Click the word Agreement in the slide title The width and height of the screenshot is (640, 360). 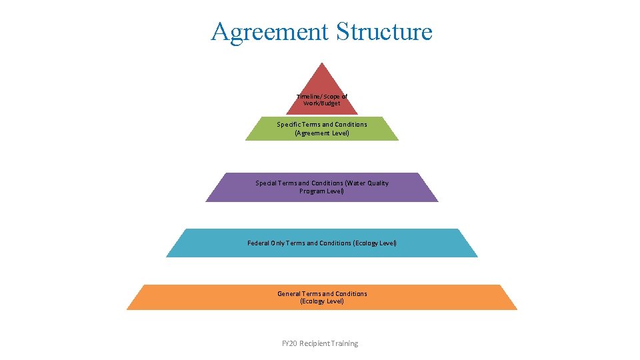(270, 31)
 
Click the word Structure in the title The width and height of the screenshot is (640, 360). (385, 31)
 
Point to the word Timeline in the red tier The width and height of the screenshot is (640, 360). (309, 97)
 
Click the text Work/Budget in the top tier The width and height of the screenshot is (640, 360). (322, 103)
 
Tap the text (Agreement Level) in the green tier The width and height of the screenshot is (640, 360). (322, 133)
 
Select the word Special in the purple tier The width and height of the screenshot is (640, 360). (267, 183)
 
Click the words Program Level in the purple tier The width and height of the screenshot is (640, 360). (322, 191)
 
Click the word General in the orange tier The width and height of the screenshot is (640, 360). (289, 294)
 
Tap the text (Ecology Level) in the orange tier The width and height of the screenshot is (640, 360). (322, 301)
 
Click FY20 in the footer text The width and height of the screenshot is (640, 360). (289, 343)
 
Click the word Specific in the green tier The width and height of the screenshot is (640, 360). (289, 125)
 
